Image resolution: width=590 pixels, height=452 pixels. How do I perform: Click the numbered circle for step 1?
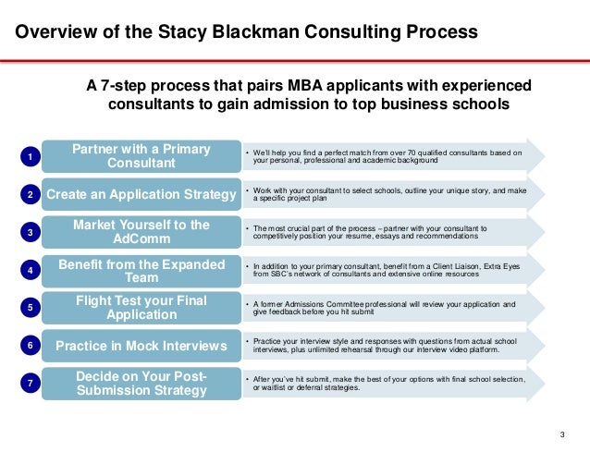30,158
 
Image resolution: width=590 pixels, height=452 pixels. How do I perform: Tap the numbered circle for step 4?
30,271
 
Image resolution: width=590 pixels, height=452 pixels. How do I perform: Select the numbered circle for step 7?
30,383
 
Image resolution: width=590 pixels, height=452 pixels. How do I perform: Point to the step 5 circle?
30,308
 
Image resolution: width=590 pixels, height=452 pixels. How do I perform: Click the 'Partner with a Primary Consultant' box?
141,156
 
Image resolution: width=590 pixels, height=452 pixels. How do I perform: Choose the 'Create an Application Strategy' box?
141,194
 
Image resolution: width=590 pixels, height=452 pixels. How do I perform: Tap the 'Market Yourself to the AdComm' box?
141,232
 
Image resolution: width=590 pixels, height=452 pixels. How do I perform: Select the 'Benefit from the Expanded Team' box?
141,270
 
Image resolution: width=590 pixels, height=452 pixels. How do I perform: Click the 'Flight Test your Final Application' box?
141,308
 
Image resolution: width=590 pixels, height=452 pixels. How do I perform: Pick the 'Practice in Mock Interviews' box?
141,346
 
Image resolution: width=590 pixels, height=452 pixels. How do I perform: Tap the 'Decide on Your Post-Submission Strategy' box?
141,383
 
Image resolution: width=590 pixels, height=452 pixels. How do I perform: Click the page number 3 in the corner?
562,435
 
